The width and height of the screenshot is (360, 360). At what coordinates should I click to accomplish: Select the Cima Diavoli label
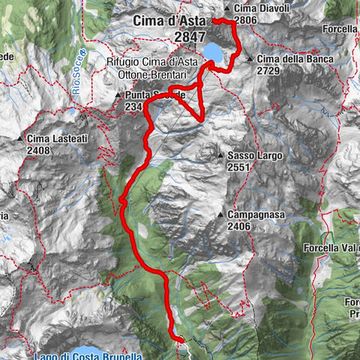246,7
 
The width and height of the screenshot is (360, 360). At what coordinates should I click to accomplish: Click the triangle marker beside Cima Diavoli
217,7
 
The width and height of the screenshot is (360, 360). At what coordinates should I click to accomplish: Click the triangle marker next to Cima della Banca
250,58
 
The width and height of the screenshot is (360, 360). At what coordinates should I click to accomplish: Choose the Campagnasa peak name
255,214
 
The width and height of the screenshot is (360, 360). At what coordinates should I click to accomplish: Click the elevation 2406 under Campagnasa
240,226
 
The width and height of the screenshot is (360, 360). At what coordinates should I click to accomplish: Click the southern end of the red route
180,340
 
